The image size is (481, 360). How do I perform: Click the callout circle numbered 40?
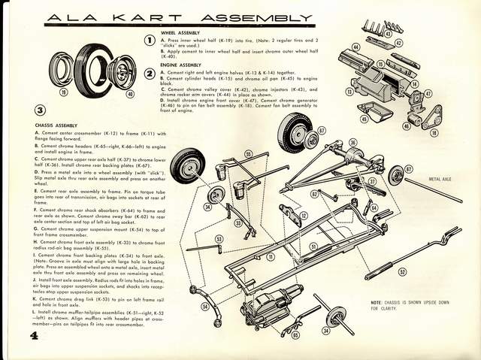(x=129, y=94)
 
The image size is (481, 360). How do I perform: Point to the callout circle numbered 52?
(x=402, y=272)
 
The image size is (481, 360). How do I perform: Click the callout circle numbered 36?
(x=352, y=141)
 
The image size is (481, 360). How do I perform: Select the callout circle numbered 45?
(x=364, y=118)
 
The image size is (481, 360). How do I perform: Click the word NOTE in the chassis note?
(x=379, y=303)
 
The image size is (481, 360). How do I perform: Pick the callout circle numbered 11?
(x=270, y=256)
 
